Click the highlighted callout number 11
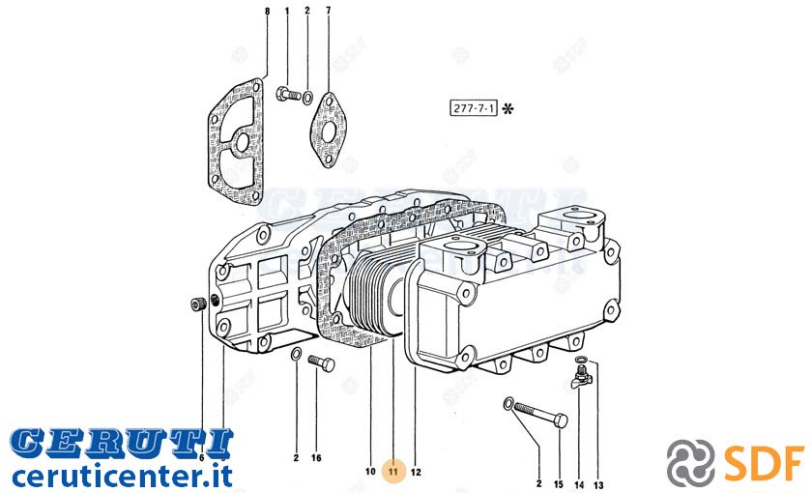(x=393, y=472)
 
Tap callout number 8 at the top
(x=267, y=11)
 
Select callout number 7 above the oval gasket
(x=328, y=11)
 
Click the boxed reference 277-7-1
(x=474, y=108)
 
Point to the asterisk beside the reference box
(x=508, y=108)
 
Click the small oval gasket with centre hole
(x=329, y=130)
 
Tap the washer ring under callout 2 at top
(x=307, y=97)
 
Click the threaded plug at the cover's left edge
(x=197, y=304)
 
